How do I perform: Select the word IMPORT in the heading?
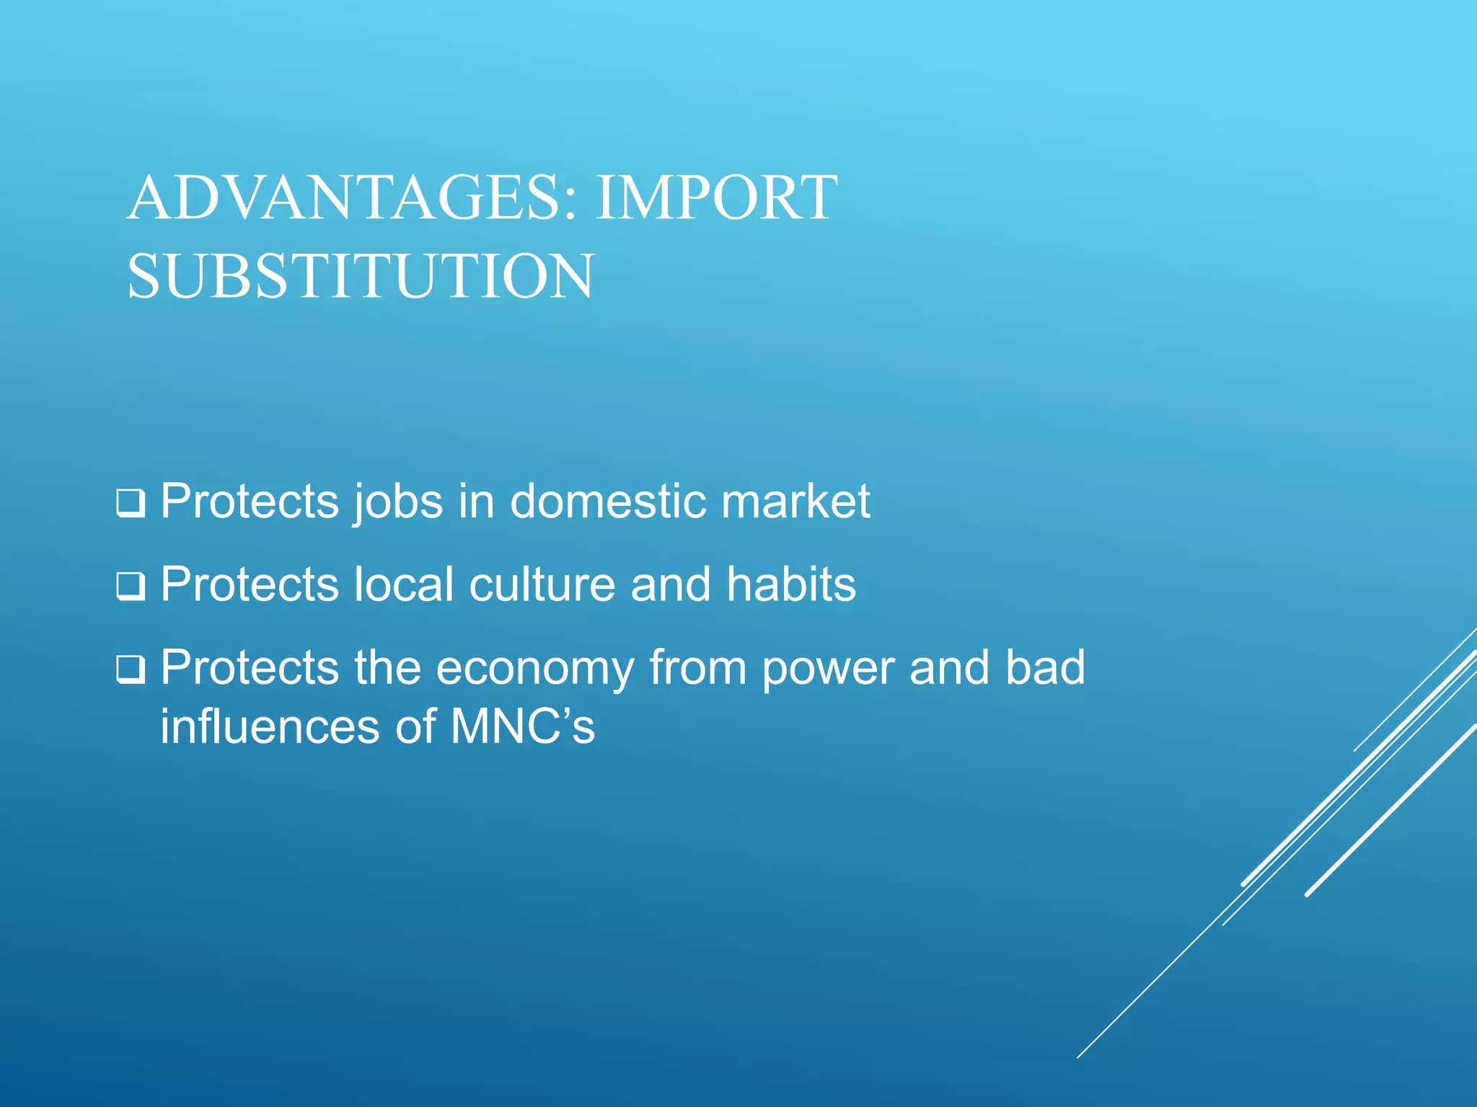click(716, 198)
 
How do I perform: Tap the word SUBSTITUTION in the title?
click(361, 277)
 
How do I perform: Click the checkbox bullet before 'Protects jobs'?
click(131, 504)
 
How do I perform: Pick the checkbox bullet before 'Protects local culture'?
click(131, 587)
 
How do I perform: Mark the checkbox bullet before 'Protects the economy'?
click(131, 670)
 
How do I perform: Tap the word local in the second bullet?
click(404, 584)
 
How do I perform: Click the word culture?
click(542, 584)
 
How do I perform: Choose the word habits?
click(791, 584)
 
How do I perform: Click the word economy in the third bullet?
click(534, 669)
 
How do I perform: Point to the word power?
click(828, 669)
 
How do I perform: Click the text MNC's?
click(523, 726)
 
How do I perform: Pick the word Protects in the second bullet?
click(250, 584)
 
